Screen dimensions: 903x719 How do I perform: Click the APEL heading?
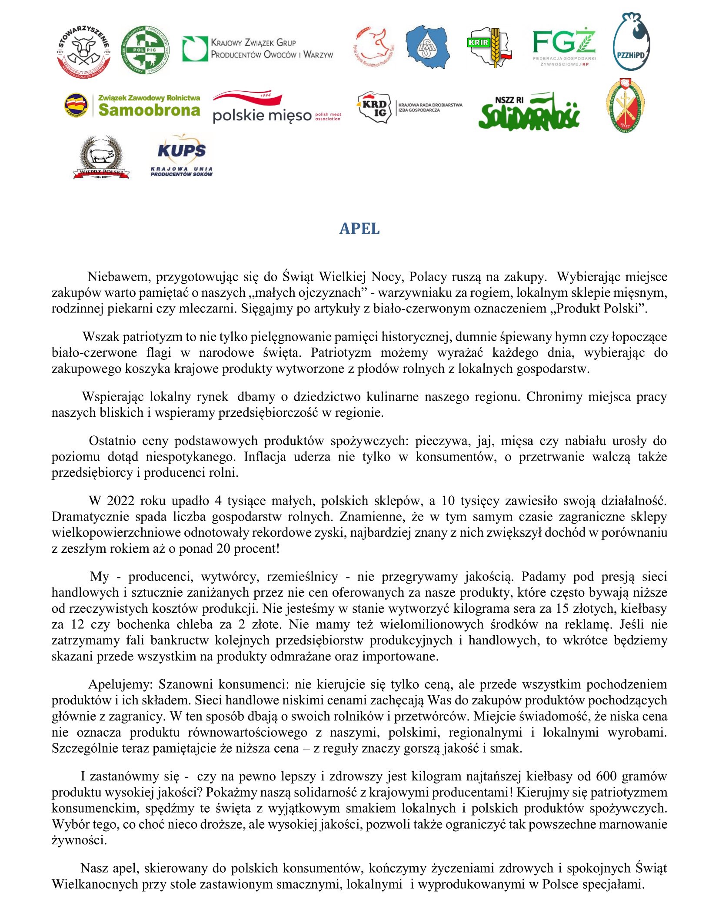pos(359,229)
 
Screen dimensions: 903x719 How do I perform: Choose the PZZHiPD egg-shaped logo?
pos(631,42)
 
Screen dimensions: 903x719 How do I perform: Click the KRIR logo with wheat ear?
pos(489,47)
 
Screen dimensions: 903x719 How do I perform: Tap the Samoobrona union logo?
pos(133,106)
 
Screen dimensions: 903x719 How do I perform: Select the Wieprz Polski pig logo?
pos(101,157)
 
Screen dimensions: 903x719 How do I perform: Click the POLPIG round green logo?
pos(144,49)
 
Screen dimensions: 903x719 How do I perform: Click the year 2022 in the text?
pos(120,501)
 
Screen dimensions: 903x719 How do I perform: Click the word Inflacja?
pos(265,457)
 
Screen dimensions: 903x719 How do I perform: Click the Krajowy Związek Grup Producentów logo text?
pos(272,48)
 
